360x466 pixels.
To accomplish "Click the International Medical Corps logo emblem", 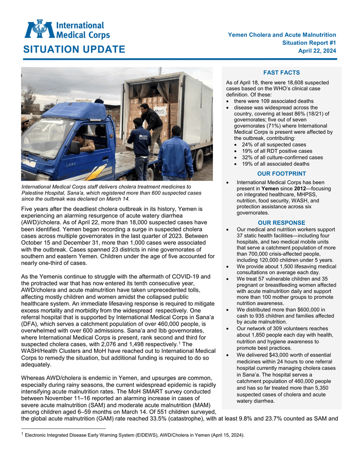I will click(x=39, y=29).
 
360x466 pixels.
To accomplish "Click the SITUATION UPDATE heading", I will click(x=74, y=49).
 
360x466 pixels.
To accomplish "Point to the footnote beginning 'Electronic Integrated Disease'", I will click(x=134, y=435).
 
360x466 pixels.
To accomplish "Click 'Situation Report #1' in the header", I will click(x=309, y=42).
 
